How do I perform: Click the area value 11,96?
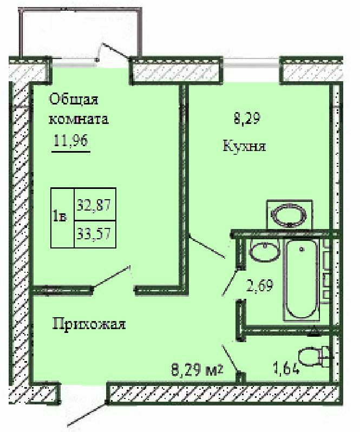[x=71, y=141]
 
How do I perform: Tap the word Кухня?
[x=244, y=146]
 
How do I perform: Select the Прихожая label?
[x=89, y=324]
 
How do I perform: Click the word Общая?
[x=73, y=100]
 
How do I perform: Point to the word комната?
[x=79, y=119]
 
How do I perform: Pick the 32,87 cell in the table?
[x=95, y=205]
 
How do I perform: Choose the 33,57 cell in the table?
[x=95, y=234]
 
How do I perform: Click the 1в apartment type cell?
[x=62, y=218]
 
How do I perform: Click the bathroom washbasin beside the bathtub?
[x=264, y=250]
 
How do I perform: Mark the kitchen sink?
[x=289, y=214]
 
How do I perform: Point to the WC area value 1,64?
[x=286, y=368]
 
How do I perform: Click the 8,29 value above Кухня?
[x=247, y=119]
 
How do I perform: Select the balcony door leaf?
[x=115, y=50]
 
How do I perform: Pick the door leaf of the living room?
[x=112, y=277]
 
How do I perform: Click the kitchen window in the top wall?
[x=251, y=62]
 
